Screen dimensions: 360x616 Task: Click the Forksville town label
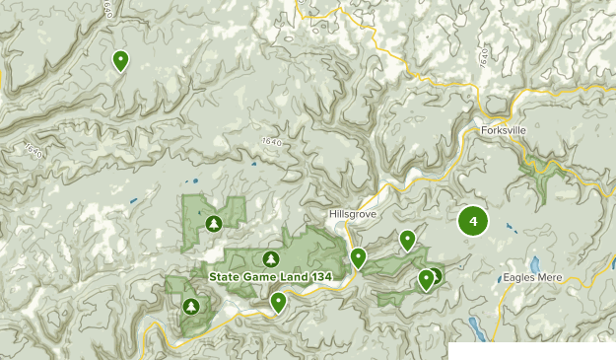508,129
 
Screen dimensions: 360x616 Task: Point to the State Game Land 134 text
267,276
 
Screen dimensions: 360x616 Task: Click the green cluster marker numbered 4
474,222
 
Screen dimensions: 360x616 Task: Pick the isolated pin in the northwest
120,61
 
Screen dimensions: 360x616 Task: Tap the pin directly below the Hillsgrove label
359,258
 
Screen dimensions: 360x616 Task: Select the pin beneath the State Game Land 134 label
279,302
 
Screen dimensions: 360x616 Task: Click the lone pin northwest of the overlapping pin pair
407,240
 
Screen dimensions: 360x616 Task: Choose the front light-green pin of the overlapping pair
426,279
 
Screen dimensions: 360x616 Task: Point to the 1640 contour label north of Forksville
484,57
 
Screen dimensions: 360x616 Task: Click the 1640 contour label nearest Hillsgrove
273,144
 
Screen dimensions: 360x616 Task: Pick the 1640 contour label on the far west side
31,152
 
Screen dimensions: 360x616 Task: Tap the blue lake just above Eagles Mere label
533,265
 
